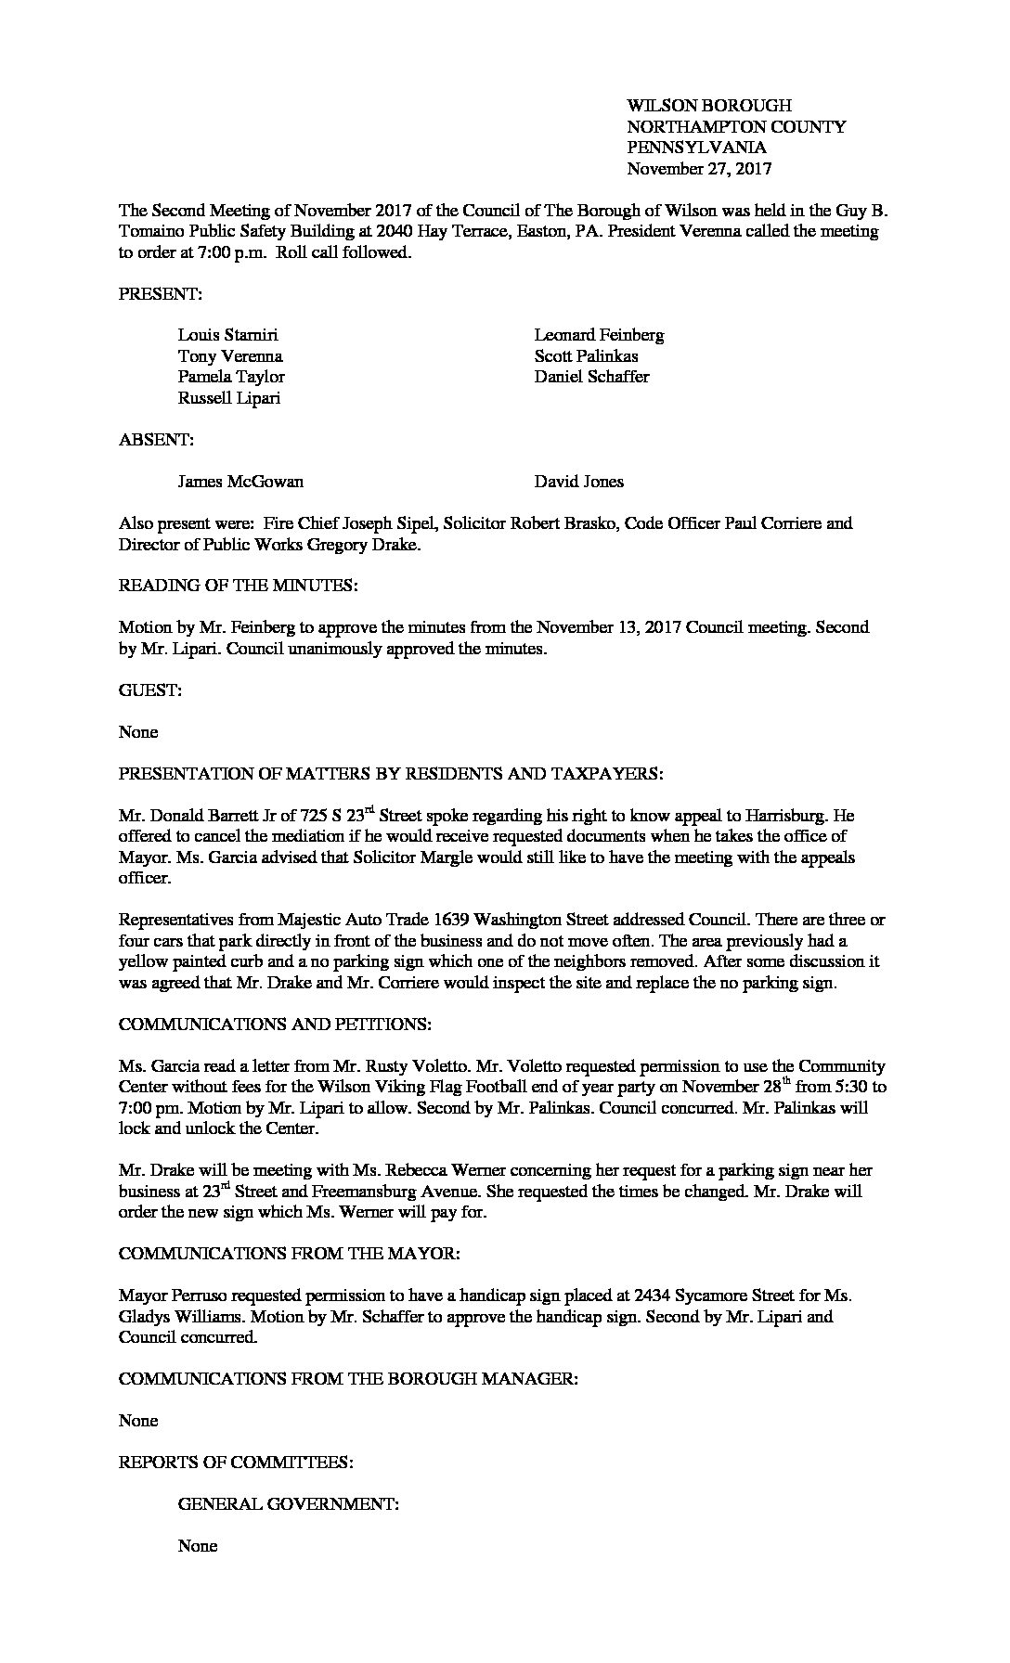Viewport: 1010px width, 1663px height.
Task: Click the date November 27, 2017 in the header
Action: point(699,169)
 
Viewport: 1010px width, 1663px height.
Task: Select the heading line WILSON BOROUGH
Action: point(709,106)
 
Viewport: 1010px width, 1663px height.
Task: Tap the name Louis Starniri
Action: point(227,335)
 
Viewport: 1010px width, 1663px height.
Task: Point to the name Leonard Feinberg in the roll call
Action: point(599,335)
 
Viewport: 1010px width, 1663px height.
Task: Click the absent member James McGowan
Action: point(240,482)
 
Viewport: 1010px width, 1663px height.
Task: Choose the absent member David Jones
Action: point(578,482)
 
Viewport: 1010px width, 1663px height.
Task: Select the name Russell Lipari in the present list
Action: point(229,398)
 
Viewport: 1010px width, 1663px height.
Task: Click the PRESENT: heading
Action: point(160,294)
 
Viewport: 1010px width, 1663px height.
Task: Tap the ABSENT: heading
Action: point(156,440)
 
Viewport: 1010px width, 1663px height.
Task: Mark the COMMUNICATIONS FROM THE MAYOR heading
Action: point(289,1254)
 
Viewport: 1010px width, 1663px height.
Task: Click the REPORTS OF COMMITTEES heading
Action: point(236,1463)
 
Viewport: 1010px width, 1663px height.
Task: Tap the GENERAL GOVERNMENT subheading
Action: point(288,1504)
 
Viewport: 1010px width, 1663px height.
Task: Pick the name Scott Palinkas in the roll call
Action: point(586,356)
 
